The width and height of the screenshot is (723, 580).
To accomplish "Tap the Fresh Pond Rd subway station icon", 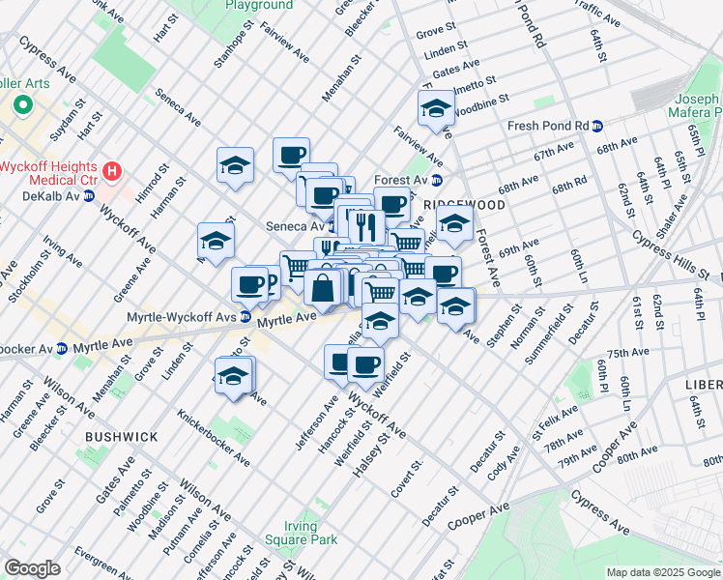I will click(x=597, y=126).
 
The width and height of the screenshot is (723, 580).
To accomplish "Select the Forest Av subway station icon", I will click(x=436, y=180).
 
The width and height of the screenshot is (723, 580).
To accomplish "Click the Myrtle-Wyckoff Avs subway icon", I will click(x=246, y=316).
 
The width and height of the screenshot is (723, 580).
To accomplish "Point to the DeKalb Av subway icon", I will click(x=88, y=195).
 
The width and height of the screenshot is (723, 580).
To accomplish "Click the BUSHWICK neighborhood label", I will click(x=121, y=437).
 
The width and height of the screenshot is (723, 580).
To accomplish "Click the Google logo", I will click(x=32, y=567).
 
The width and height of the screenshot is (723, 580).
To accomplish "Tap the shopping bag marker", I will click(x=323, y=287).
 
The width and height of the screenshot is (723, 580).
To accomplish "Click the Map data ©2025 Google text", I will click(x=662, y=572).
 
